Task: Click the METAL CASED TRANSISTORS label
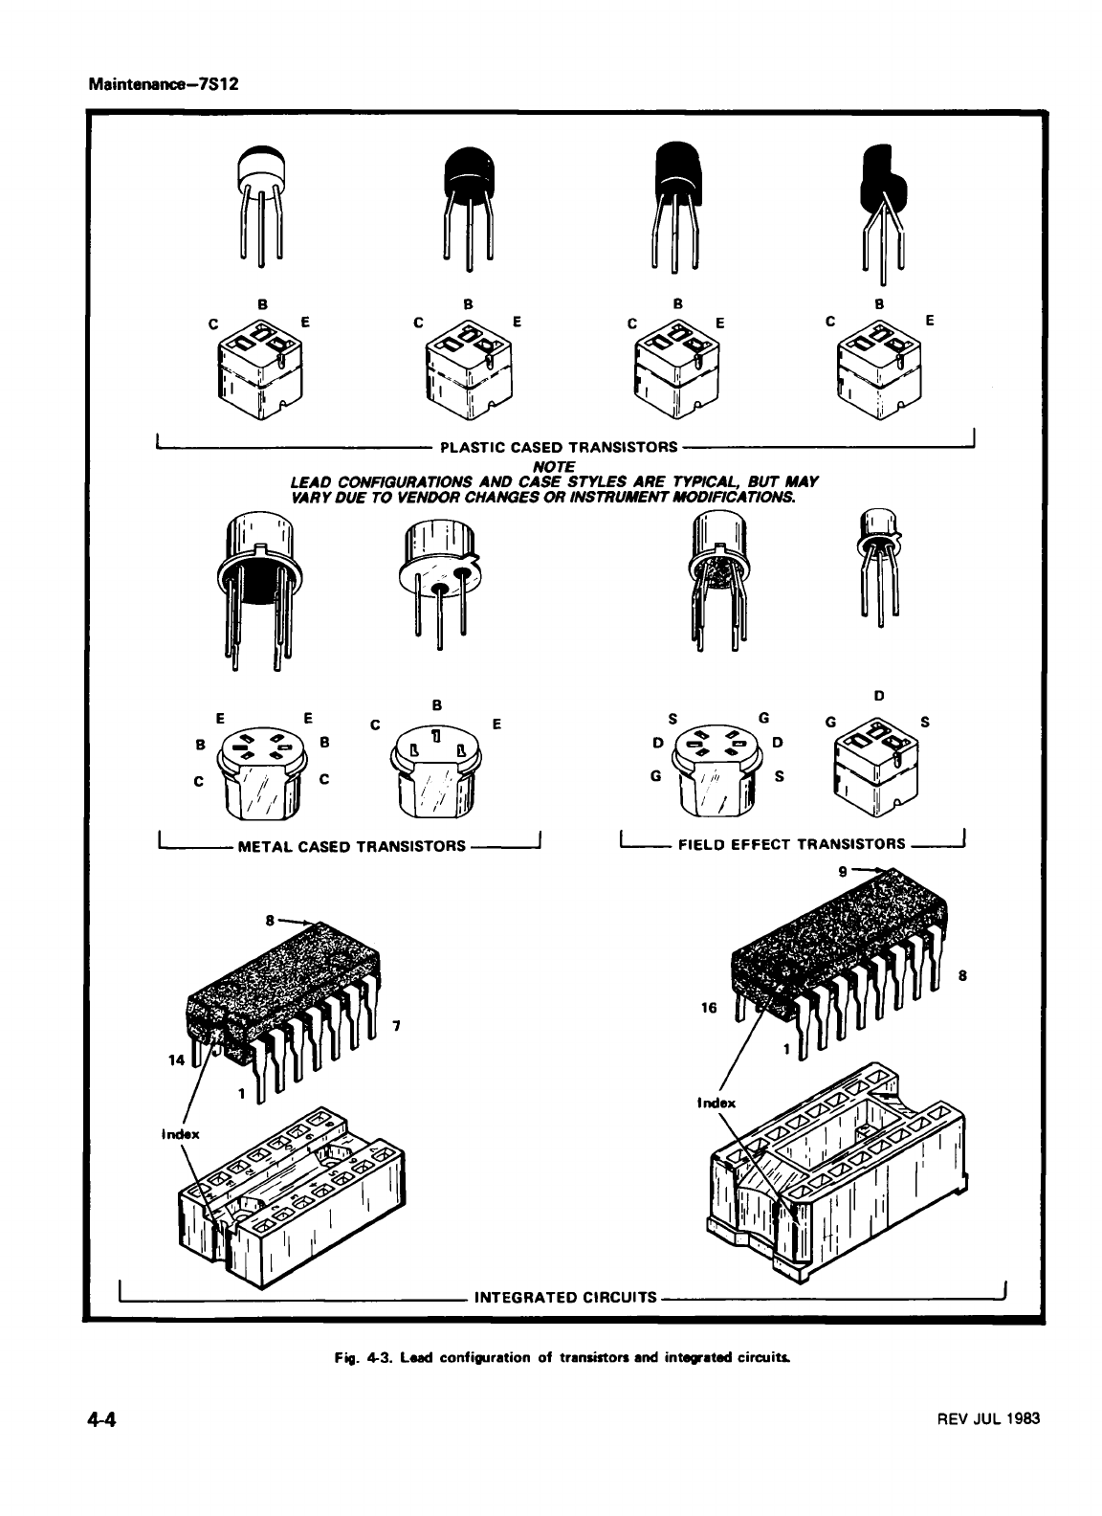350,846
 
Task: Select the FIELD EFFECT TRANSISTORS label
791,844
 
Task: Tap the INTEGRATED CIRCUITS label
565,1299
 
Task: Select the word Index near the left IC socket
180,1134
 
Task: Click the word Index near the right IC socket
716,1103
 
